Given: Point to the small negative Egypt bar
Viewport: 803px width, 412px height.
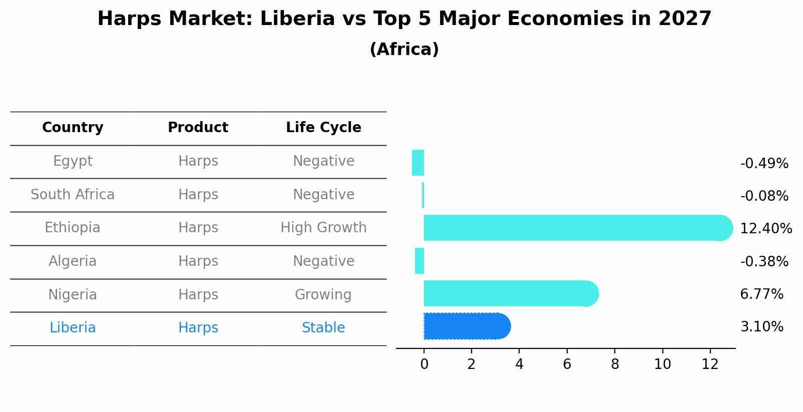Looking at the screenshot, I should [x=418, y=163].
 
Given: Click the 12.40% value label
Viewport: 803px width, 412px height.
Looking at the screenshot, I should [x=765, y=229].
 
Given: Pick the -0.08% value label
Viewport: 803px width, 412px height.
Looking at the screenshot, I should [x=764, y=196].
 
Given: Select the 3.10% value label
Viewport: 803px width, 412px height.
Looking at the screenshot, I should [x=761, y=327].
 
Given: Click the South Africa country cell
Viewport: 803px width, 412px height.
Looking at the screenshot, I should [x=73, y=195].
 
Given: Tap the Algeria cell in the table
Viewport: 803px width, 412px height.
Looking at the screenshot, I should [x=73, y=261].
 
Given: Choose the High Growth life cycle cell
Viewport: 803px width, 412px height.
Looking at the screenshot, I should [x=323, y=228].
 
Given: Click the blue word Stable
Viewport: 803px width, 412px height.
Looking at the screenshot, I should [x=323, y=328].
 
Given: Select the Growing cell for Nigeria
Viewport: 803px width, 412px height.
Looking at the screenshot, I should [x=323, y=294].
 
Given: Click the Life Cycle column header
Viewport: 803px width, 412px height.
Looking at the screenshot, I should [x=323, y=128].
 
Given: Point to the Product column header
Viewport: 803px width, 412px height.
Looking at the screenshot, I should [x=198, y=128].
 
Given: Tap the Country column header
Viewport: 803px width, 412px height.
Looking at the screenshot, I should [x=73, y=128].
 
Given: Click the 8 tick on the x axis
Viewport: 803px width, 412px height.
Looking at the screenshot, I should [x=615, y=364].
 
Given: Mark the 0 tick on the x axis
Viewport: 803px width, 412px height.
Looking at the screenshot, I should [x=424, y=364].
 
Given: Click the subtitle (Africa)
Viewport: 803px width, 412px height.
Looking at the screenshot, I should [x=404, y=50].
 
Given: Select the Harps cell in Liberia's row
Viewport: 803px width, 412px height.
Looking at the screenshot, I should [x=198, y=328].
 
